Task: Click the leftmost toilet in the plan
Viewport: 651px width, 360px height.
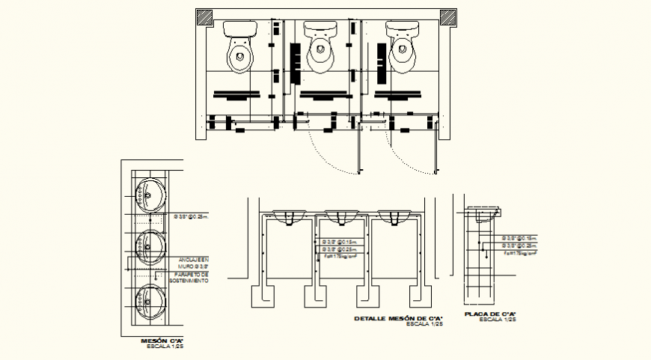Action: click(240, 46)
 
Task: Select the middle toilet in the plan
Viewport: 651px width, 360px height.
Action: click(321, 46)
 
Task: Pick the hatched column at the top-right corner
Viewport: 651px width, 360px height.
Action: click(448, 17)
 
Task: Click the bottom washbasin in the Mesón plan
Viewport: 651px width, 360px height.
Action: click(148, 301)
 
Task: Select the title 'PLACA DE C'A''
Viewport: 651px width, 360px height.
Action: click(492, 314)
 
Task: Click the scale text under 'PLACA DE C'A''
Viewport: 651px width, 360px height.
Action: click(497, 320)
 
